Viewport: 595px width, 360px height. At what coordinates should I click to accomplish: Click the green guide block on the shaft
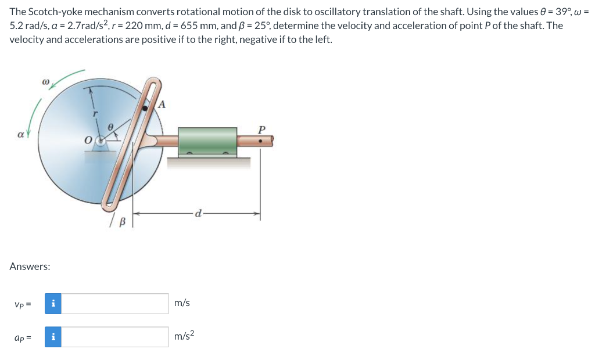tap(207, 141)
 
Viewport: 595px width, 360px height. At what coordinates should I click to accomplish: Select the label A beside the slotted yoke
tap(162, 105)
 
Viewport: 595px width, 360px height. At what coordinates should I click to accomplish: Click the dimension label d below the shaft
tap(199, 214)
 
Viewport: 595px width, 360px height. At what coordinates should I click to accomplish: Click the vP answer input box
tap(115, 303)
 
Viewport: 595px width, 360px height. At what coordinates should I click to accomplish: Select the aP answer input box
tap(115, 337)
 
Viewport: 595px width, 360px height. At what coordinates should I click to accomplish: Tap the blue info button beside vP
tap(53, 303)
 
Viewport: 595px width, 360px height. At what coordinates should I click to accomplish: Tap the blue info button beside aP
tap(53, 337)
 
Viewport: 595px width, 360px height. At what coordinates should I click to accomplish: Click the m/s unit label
tap(182, 303)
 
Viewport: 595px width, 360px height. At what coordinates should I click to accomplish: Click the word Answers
tap(30, 267)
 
